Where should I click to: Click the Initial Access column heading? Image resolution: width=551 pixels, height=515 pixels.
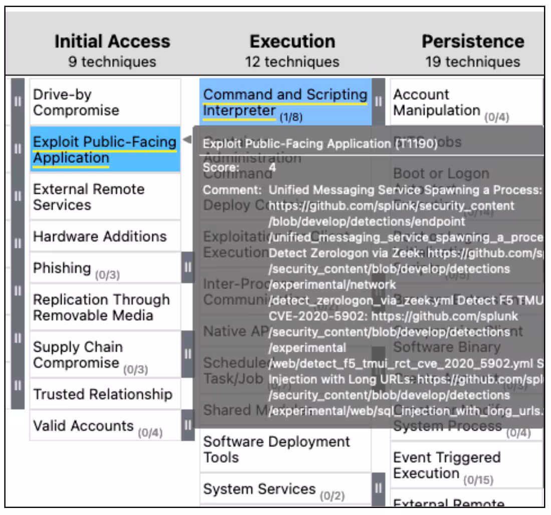pos(112,41)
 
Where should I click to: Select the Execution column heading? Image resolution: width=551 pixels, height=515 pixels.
pos(292,41)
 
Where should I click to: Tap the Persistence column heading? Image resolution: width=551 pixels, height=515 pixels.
pos(472,41)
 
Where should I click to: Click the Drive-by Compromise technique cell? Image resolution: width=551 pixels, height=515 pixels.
pos(105,102)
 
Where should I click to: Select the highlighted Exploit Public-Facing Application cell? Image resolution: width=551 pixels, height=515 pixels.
pos(105,150)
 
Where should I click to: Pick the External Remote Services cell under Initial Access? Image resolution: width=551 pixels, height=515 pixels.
pos(105,196)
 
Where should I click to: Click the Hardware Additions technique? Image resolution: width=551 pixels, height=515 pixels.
pos(105,236)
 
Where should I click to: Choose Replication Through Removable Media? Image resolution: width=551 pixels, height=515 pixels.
pos(105,307)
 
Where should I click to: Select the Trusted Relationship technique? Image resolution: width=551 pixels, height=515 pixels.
pos(105,394)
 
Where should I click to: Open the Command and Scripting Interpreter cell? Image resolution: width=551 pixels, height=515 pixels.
pos(285,102)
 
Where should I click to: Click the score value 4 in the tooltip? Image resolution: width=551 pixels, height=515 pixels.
pos(272,167)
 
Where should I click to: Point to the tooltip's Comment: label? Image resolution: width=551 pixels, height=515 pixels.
pos(232,190)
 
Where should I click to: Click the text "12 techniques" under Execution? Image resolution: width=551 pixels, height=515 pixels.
pos(292,62)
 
